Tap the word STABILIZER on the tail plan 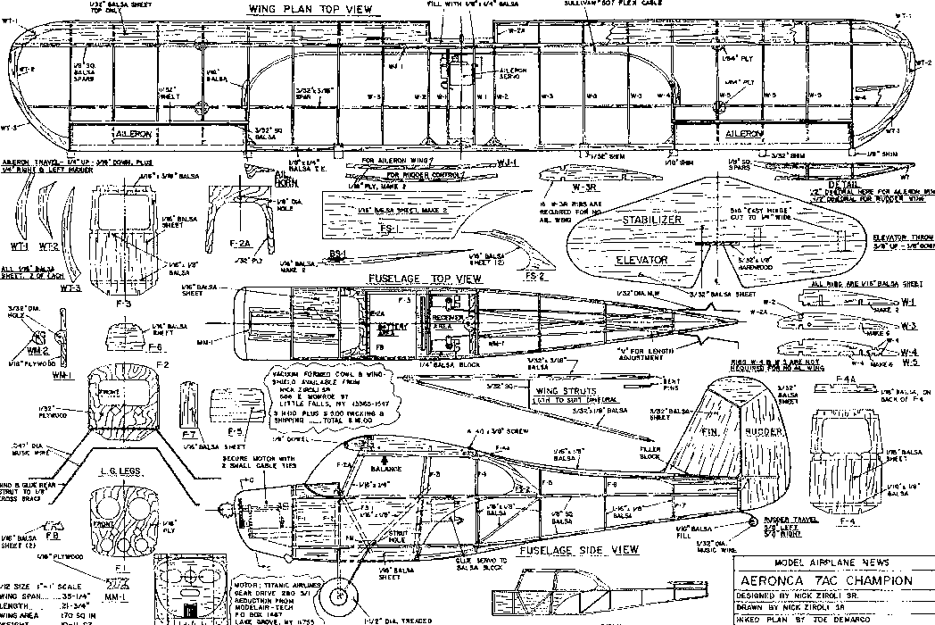652,219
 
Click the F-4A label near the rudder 848,379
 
